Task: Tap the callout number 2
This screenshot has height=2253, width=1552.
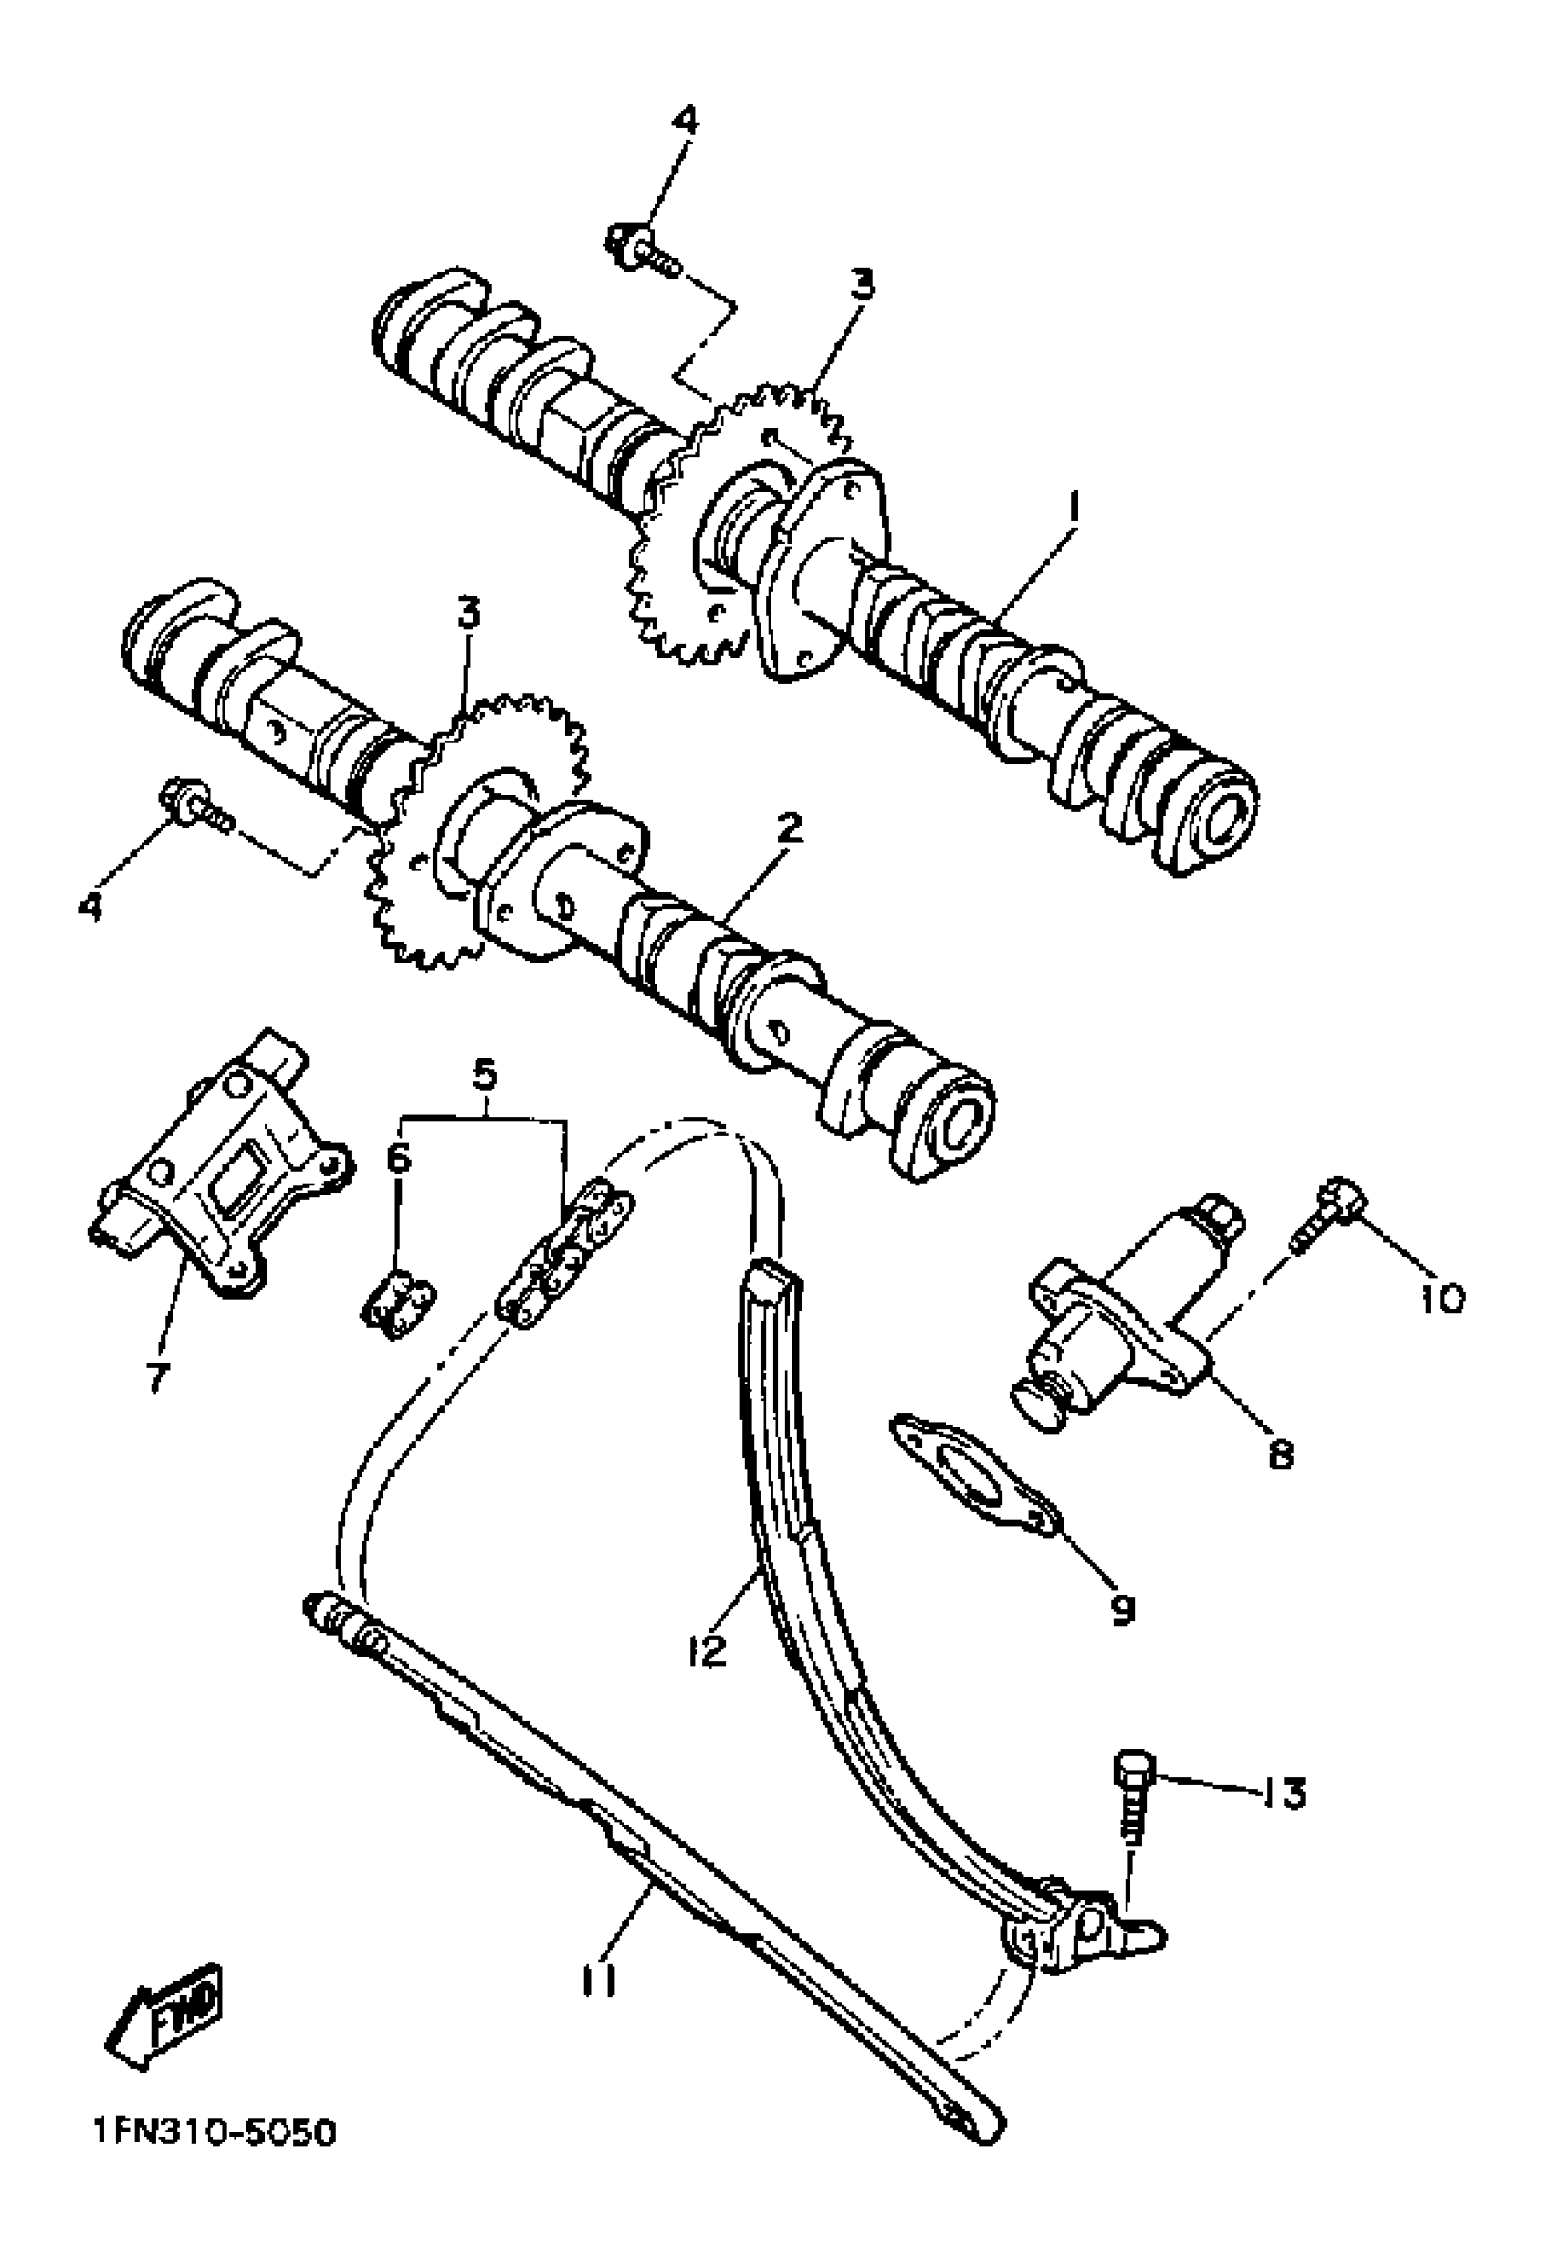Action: (789, 829)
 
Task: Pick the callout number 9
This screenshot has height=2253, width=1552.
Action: (1122, 1610)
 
